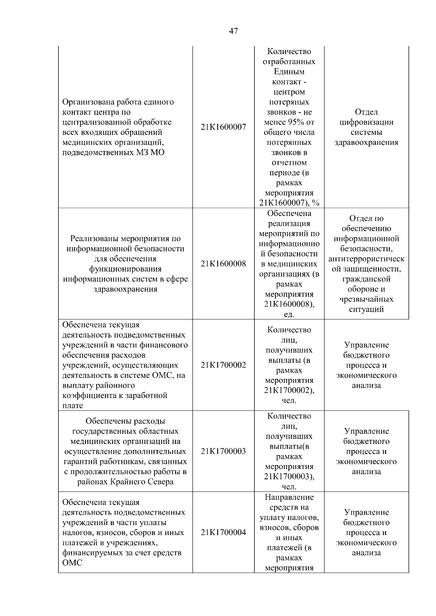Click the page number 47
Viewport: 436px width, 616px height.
coord(234,31)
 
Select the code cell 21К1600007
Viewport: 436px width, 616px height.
coord(223,127)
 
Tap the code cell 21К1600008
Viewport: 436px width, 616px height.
coord(223,264)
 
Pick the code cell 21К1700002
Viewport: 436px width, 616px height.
coord(223,365)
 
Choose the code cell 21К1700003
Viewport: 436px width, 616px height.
coord(223,452)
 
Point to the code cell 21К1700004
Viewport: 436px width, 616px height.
coord(223,533)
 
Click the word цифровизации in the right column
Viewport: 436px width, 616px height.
coord(366,122)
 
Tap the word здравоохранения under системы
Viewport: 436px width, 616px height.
coord(366,143)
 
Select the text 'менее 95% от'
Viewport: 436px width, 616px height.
coord(289,122)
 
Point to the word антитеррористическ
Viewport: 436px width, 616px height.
coord(366,259)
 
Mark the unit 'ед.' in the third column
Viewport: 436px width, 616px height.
coord(289,315)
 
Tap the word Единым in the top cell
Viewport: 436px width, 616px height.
coord(289,72)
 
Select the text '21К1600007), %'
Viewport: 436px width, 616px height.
coord(289,203)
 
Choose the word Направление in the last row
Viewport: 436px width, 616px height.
coord(289,497)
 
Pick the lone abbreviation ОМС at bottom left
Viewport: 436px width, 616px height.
coord(72,563)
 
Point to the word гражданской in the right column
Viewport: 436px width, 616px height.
coord(366,279)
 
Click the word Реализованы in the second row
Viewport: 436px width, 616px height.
coord(94,239)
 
